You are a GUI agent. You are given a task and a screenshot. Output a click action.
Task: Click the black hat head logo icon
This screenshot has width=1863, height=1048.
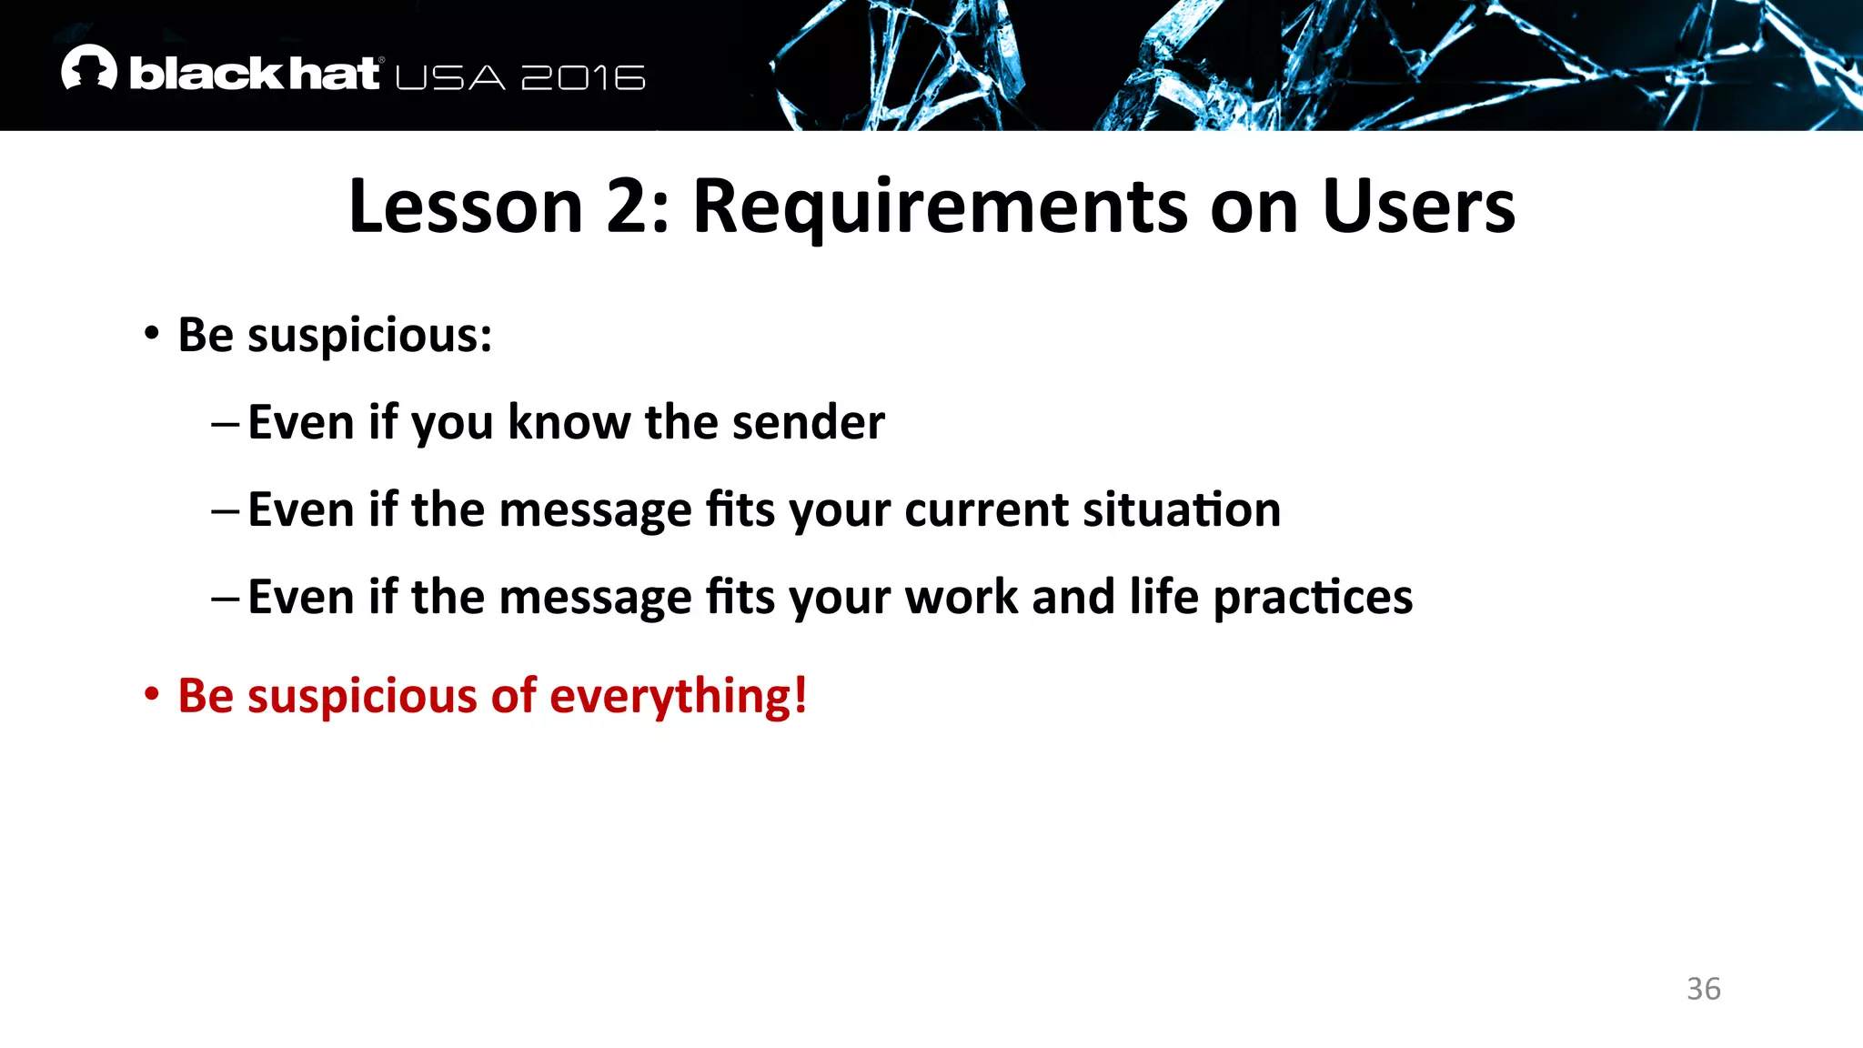[x=89, y=68]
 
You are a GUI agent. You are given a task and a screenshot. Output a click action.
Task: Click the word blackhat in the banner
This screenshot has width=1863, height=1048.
[x=255, y=74]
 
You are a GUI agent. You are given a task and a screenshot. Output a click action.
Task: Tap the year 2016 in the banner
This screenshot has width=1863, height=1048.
[x=583, y=78]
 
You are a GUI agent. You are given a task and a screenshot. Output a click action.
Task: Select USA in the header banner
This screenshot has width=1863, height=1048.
[x=450, y=78]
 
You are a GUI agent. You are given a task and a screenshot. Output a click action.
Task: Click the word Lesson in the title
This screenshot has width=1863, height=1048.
[x=465, y=207]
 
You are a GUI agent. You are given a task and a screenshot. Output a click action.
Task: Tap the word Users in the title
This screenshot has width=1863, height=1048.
[x=1418, y=207]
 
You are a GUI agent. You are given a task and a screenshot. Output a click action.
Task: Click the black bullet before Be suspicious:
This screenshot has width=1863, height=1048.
[x=152, y=333]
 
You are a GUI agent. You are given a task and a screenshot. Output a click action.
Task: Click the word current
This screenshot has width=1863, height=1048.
[x=986, y=509]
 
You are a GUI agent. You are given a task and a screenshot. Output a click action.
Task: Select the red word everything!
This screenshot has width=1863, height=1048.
[x=678, y=697]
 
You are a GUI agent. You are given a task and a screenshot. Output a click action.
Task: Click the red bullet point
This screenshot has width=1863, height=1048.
[x=152, y=695]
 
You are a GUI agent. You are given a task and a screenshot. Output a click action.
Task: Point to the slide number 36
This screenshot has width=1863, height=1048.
[x=1703, y=989]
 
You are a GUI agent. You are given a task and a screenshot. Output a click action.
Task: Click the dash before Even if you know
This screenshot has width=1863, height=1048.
[x=225, y=424]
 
